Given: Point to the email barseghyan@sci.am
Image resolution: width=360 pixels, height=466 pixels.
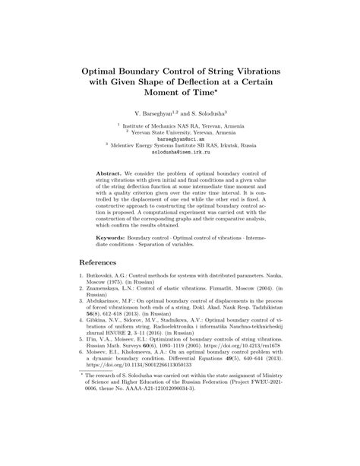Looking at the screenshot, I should point(180,140).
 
